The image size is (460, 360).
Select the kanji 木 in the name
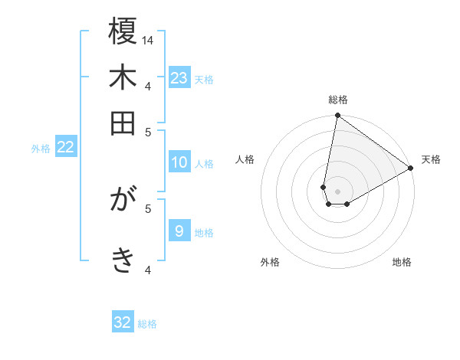click(123, 77)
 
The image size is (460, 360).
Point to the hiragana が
click(123, 201)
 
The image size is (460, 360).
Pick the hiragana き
click(123, 260)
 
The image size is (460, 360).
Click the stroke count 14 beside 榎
click(149, 40)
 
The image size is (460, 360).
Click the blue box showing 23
click(179, 77)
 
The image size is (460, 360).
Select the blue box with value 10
click(179, 162)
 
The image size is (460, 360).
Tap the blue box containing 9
click(179, 231)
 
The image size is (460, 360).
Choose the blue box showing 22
click(66, 148)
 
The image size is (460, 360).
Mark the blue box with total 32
click(123, 322)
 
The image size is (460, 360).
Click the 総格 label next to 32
click(147, 324)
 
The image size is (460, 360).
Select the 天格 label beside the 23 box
click(204, 79)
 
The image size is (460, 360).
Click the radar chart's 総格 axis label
click(338, 100)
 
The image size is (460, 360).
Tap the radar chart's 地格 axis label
click(402, 262)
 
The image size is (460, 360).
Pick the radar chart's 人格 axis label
click(245, 159)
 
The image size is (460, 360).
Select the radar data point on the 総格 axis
click(337, 116)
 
